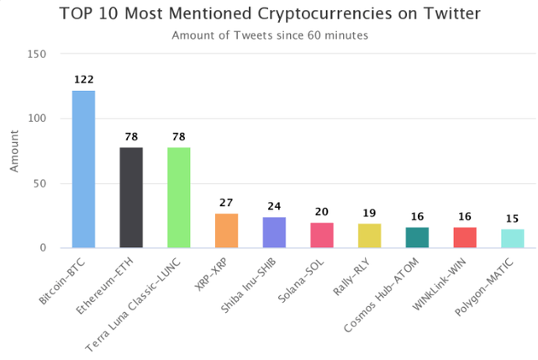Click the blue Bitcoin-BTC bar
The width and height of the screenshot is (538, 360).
pyautogui.click(x=83, y=169)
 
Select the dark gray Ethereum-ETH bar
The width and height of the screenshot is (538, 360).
pyautogui.click(x=131, y=198)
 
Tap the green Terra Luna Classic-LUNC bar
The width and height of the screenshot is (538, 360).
pyautogui.click(x=178, y=198)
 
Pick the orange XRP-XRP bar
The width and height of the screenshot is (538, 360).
pyautogui.click(x=226, y=230)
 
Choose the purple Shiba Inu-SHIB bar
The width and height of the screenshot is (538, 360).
pyautogui.click(x=274, y=232)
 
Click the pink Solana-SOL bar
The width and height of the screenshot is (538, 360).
pyautogui.click(x=322, y=235)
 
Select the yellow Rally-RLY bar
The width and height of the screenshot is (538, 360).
pyautogui.click(x=369, y=236)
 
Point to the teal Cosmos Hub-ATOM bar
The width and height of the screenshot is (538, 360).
pyautogui.click(x=417, y=237)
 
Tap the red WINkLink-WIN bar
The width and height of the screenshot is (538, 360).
pyautogui.click(x=465, y=237)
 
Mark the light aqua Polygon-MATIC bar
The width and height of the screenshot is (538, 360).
pyautogui.click(x=512, y=238)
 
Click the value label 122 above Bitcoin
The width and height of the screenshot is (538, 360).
pyautogui.click(x=83, y=80)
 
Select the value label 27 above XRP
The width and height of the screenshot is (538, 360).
pyautogui.click(x=226, y=203)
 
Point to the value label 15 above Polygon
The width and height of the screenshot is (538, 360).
pyautogui.click(x=512, y=219)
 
